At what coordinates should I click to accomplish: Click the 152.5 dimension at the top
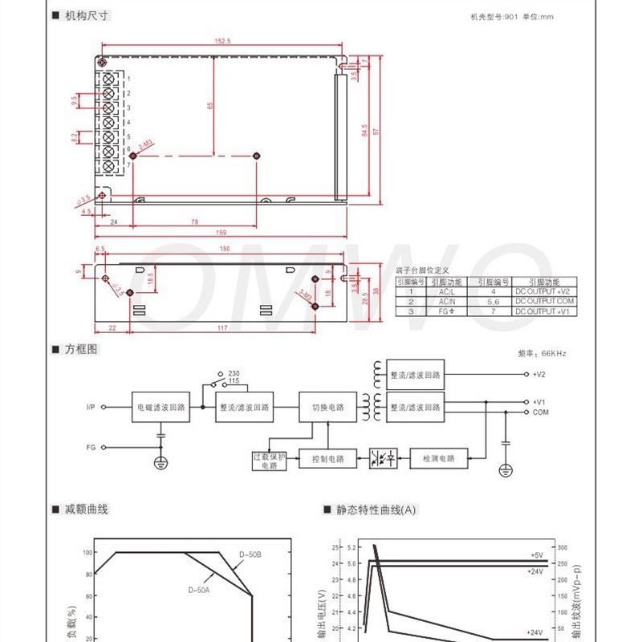click(x=222, y=40)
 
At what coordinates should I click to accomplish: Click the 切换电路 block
click(x=327, y=407)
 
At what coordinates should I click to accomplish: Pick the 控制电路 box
click(x=327, y=459)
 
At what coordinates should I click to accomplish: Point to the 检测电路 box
click(x=438, y=459)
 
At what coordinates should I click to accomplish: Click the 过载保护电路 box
click(x=269, y=461)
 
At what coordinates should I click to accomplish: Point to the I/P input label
click(x=91, y=407)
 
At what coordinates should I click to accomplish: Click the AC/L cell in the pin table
click(x=445, y=291)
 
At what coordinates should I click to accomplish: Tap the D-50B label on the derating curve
click(x=250, y=555)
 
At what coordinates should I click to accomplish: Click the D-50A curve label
click(x=199, y=590)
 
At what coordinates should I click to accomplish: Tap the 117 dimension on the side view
click(x=222, y=327)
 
